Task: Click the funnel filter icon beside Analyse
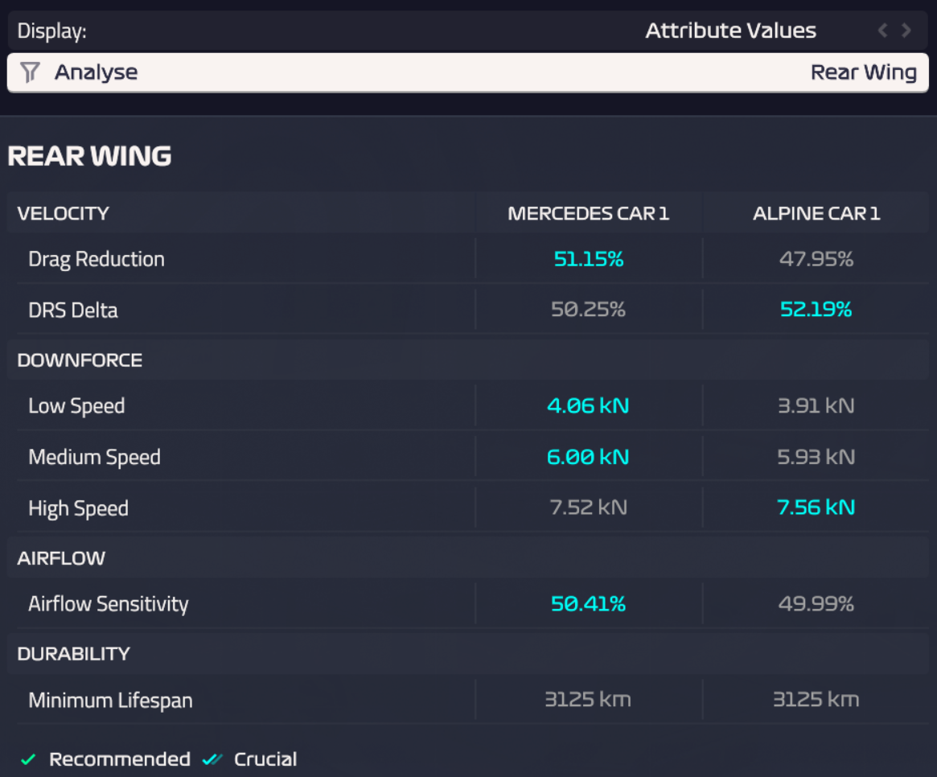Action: pyautogui.click(x=30, y=72)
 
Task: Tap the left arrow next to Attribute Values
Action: pyautogui.click(x=882, y=31)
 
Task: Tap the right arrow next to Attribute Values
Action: pyautogui.click(x=906, y=31)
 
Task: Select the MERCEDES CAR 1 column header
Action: pyautogui.click(x=588, y=213)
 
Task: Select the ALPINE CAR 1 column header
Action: pyautogui.click(x=816, y=213)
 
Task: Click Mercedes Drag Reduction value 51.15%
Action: pyautogui.click(x=588, y=259)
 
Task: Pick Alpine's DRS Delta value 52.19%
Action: pyautogui.click(x=816, y=310)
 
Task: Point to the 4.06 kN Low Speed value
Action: pyautogui.click(x=588, y=406)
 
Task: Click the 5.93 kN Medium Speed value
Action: pyautogui.click(x=816, y=457)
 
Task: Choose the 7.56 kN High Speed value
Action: pyautogui.click(x=816, y=508)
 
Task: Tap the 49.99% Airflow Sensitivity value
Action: pyautogui.click(x=816, y=604)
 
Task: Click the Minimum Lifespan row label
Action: pyautogui.click(x=110, y=701)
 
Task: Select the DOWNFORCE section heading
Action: pyautogui.click(x=80, y=360)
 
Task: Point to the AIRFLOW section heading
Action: pyautogui.click(x=61, y=558)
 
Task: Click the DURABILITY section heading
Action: pyautogui.click(x=73, y=654)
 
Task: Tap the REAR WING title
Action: pyautogui.click(x=89, y=156)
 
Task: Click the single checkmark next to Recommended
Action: pyautogui.click(x=29, y=759)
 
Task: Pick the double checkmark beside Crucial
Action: pyautogui.click(x=212, y=759)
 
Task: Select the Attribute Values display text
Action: pyautogui.click(x=730, y=31)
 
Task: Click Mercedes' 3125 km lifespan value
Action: pyautogui.click(x=588, y=700)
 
